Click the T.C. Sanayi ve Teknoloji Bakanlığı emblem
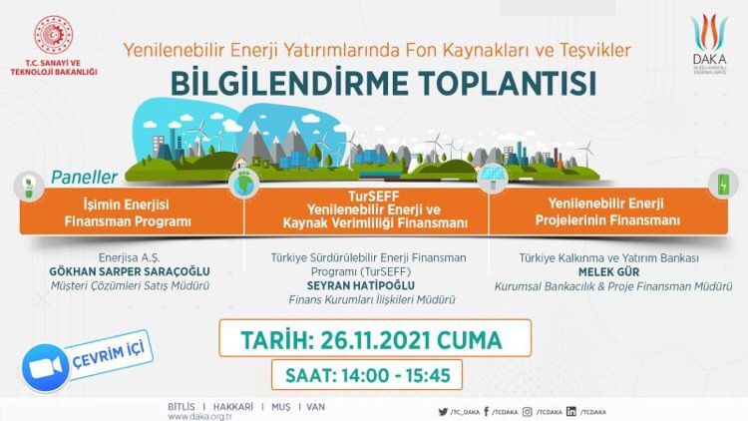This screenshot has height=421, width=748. [54, 35]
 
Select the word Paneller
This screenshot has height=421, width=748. [84, 178]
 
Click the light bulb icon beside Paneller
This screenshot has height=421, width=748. [29, 187]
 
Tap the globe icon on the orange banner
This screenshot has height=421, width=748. [244, 184]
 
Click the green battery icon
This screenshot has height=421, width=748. [724, 185]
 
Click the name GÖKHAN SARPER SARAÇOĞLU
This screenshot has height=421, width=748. [130, 271]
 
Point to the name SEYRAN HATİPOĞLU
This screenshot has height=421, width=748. [361, 285]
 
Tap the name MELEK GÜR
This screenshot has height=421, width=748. [608, 272]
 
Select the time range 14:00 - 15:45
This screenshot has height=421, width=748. [396, 376]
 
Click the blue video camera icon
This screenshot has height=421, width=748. [46, 367]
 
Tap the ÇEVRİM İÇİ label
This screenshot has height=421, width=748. [109, 355]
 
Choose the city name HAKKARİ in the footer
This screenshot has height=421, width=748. [232, 407]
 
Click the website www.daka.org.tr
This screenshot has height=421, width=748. [199, 417]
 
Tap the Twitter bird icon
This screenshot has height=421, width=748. [443, 411]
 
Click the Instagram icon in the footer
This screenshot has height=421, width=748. [528, 411]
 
